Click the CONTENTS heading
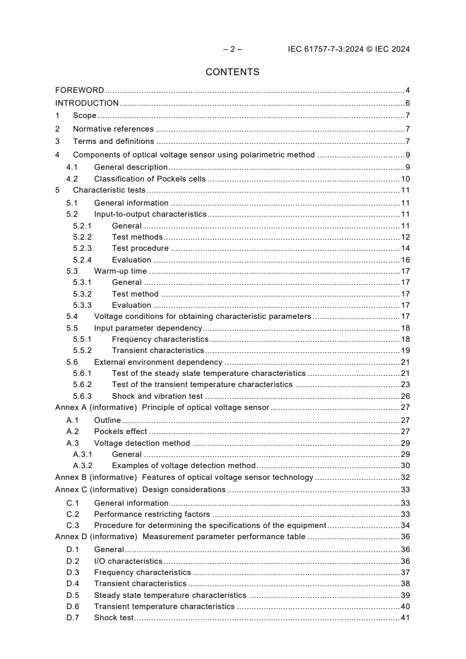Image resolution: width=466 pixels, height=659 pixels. [x=232, y=72]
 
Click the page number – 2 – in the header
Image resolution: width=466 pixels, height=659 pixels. [x=233, y=49]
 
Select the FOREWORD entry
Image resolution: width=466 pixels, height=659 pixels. [x=79, y=90]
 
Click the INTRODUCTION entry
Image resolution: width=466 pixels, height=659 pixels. [x=87, y=103]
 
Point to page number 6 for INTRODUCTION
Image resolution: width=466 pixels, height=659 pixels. [x=407, y=103]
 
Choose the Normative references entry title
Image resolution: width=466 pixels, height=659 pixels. [x=113, y=129]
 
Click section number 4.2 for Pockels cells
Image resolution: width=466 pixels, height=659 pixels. [x=72, y=179]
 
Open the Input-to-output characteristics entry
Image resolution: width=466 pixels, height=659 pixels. [x=150, y=214]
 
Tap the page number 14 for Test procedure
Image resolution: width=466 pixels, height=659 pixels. [x=405, y=248]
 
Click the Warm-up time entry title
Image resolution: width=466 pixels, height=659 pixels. [x=120, y=271]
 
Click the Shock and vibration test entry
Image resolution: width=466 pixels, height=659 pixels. [x=157, y=396]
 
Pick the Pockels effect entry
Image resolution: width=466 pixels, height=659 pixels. [x=120, y=432]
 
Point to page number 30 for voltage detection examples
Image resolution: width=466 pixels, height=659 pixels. [x=405, y=465]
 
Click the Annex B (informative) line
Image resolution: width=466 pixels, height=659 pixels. [x=184, y=477]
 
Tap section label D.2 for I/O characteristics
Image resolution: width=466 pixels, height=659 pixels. [x=72, y=562]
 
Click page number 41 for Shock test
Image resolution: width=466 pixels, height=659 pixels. [x=405, y=618]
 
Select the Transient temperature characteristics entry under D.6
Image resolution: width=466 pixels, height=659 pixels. [x=164, y=606]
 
